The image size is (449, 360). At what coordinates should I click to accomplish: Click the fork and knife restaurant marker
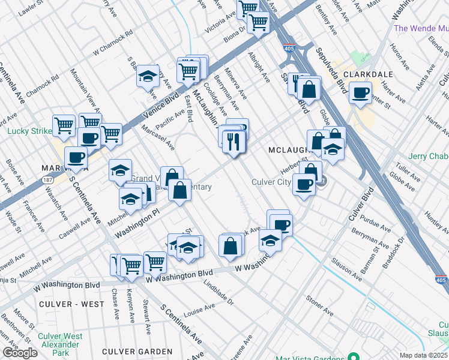pyautogui.click(x=232, y=141)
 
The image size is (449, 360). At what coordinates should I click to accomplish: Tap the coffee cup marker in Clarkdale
pyautogui.click(x=360, y=92)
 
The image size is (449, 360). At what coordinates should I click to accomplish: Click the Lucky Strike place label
pyautogui.click(x=28, y=131)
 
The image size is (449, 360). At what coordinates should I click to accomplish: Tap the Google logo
pyautogui.click(x=20, y=353)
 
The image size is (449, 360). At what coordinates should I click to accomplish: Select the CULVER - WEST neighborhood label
pyautogui.click(x=71, y=304)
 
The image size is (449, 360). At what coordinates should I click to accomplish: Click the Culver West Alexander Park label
pyautogui.click(x=60, y=344)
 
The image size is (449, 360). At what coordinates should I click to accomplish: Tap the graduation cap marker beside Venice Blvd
pyautogui.click(x=148, y=76)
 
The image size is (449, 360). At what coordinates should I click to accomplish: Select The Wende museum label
pyautogui.click(x=421, y=28)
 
